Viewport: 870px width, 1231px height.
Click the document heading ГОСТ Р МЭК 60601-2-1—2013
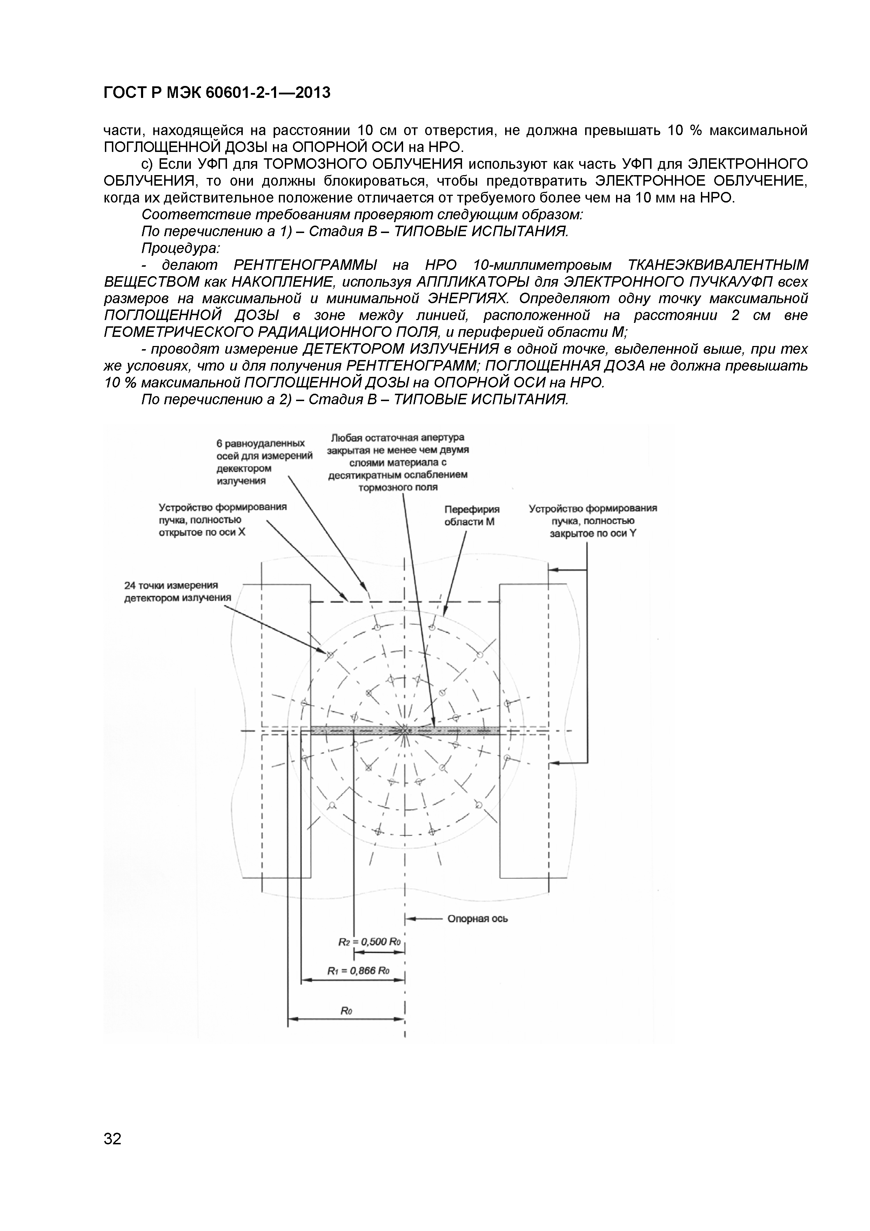(x=216, y=93)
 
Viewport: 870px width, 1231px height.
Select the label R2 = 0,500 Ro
(x=369, y=942)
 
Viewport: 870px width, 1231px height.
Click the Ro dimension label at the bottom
(x=346, y=1011)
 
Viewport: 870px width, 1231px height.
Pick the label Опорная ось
(x=477, y=919)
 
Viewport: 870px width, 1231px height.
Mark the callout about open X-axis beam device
(x=222, y=520)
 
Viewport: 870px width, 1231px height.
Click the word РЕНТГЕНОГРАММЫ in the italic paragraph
(x=306, y=265)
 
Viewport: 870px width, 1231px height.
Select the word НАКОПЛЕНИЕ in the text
(x=286, y=282)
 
